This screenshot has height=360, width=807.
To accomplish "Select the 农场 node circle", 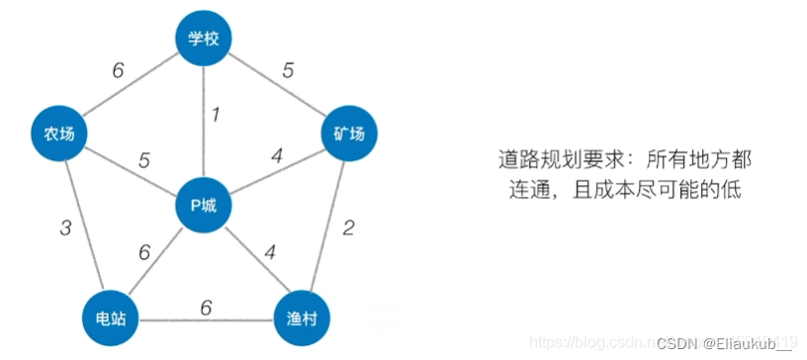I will click(58, 133).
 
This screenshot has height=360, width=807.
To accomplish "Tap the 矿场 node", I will click(349, 133).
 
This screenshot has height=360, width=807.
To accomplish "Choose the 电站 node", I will click(110, 318).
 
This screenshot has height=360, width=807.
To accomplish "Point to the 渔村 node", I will click(301, 318).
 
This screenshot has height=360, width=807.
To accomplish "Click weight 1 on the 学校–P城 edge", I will click(216, 115).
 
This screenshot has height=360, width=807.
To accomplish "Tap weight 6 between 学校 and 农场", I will click(118, 70).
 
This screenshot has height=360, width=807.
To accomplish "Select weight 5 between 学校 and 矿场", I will click(288, 70).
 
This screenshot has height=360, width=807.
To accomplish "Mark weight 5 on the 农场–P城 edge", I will click(144, 158).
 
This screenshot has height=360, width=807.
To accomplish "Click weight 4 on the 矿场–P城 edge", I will click(278, 155).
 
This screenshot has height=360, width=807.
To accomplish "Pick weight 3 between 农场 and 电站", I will click(65, 228).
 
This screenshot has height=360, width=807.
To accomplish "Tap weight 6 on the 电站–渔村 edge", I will click(206, 307).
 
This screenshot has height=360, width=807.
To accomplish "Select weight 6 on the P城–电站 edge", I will click(144, 252).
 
